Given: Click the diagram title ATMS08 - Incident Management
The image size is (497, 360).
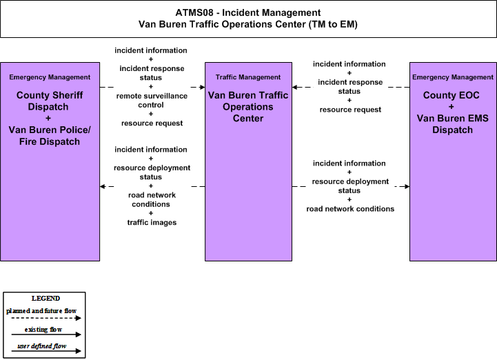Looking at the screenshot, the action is coord(248,12).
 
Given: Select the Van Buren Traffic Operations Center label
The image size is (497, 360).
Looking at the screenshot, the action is coord(248,107).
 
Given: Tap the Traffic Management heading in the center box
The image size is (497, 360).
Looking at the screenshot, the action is coord(248,77).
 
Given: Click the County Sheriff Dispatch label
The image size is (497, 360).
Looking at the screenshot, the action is coord(50,101).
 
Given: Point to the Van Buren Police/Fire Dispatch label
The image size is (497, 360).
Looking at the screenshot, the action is coord(50,135).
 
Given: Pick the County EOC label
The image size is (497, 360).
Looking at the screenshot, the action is coord(451,95).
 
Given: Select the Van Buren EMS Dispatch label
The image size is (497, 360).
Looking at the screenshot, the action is coord(453,124).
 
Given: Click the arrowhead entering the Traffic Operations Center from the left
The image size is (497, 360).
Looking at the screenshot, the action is coord(202,87).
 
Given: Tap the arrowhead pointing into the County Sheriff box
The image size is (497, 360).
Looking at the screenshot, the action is coord(103,186).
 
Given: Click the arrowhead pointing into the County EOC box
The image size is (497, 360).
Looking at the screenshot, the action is coord(407,186).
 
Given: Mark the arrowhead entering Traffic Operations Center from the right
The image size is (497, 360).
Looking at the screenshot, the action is coord(295,87).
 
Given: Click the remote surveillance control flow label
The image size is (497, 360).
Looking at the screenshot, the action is coord(152,100).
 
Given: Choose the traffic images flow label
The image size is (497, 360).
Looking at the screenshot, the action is coord(152,222).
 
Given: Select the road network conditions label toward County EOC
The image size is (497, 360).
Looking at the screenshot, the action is coord(350,209).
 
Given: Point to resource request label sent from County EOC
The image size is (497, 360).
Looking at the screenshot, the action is coord(350,110).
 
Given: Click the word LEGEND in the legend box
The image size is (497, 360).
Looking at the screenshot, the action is coord(45,299).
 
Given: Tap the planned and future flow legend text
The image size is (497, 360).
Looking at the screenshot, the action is coord(41,311).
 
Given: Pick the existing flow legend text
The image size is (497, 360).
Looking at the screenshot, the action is coord(43,330).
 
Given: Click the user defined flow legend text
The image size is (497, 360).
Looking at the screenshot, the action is coord(42,346).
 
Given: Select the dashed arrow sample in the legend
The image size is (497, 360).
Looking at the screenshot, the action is coord(46,318).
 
